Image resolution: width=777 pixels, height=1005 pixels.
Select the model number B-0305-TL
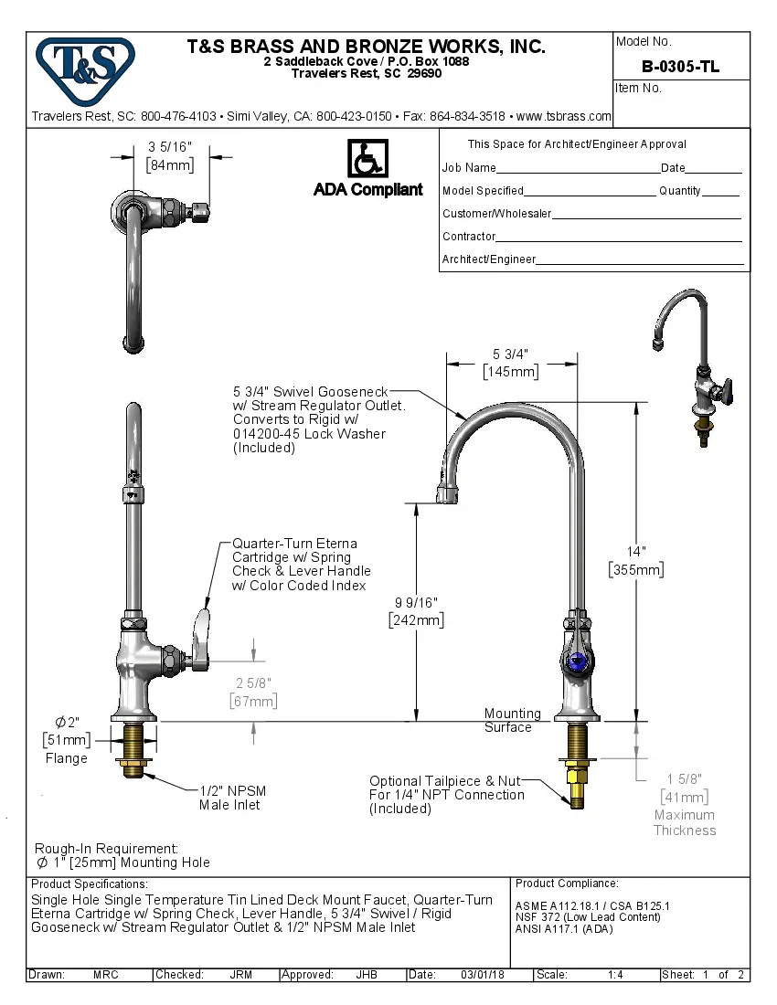(x=680, y=66)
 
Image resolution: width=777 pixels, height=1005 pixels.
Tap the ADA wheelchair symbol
(x=367, y=159)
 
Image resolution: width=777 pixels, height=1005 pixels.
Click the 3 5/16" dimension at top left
(x=170, y=155)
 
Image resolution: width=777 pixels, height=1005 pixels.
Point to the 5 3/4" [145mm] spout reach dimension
(x=511, y=363)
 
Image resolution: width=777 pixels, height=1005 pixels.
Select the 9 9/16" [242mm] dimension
(x=417, y=611)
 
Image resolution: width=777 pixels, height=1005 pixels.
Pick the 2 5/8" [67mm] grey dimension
(x=252, y=692)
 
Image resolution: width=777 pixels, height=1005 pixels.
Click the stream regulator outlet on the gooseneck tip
(x=446, y=494)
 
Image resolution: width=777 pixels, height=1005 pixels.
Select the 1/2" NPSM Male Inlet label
(x=233, y=798)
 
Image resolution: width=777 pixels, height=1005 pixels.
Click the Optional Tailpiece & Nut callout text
(x=446, y=794)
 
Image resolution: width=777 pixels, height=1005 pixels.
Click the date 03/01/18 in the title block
(x=482, y=975)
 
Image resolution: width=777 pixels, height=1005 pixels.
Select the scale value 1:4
(x=615, y=975)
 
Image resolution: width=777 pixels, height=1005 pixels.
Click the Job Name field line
(x=578, y=169)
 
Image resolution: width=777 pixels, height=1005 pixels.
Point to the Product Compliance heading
(x=567, y=883)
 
